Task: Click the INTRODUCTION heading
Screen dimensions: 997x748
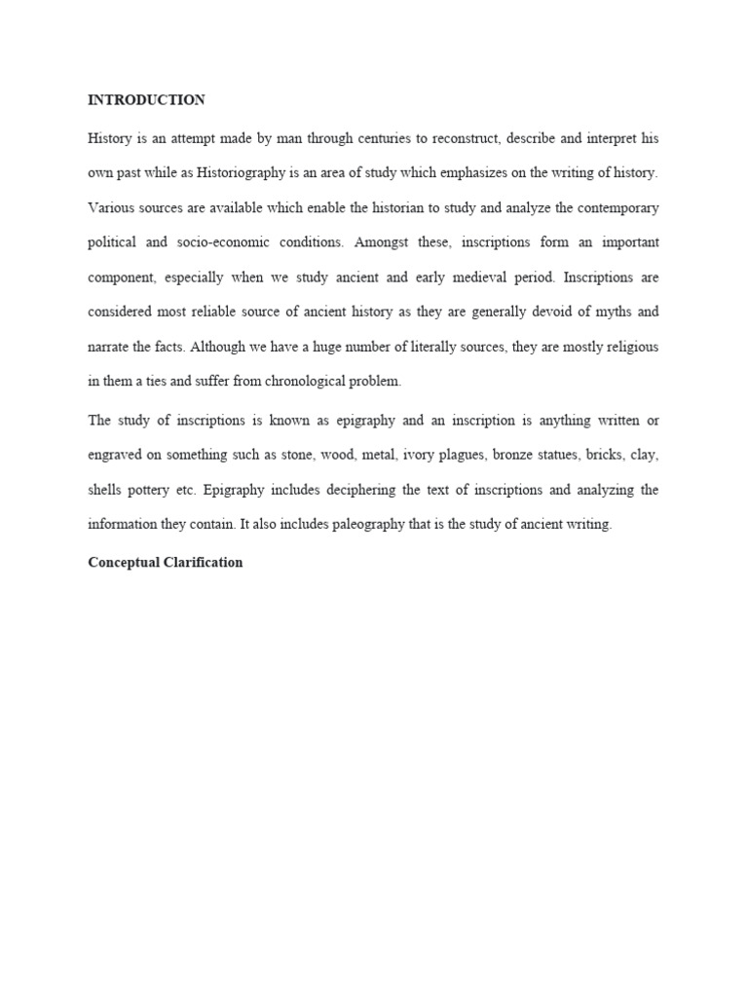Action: pyautogui.click(x=146, y=100)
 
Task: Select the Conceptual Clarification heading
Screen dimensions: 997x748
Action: pyautogui.click(x=165, y=563)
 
